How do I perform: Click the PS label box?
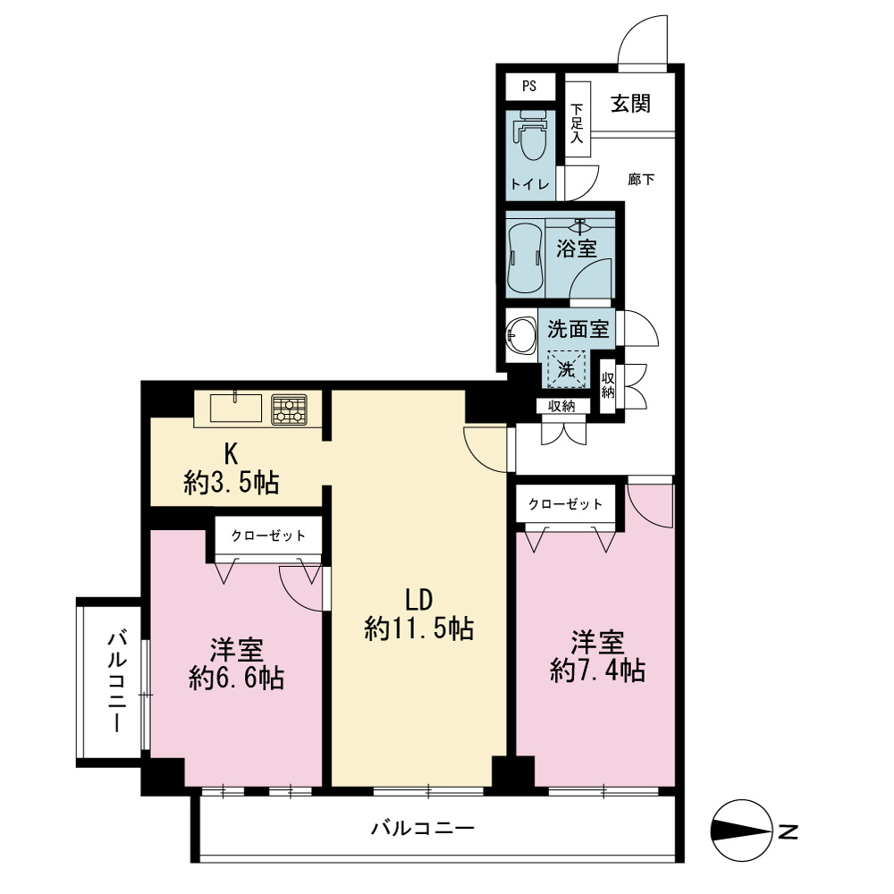click(529, 86)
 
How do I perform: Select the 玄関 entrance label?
click(630, 104)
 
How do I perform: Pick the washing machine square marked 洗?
click(566, 369)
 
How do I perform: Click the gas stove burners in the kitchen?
click(289, 409)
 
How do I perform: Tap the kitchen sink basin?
click(236, 408)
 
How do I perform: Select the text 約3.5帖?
click(232, 484)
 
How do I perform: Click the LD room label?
click(419, 600)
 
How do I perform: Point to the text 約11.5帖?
click(419, 628)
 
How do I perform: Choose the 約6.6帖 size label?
click(237, 679)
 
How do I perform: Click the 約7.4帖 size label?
click(598, 670)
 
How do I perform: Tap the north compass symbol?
click(739, 831)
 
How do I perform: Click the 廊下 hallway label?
click(641, 180)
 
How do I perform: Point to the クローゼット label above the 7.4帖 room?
click(566, 504)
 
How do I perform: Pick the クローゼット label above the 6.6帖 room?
click(268, 536)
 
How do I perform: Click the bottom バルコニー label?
click(423, 827)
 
